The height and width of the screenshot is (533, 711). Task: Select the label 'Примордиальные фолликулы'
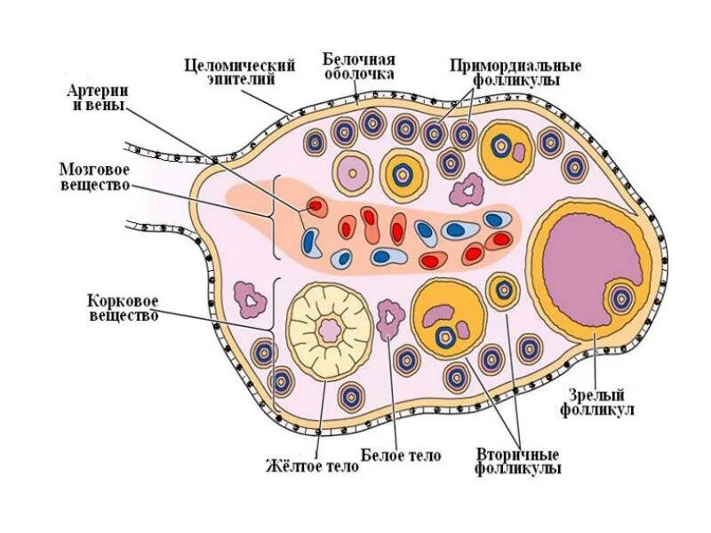click(x=515, y=72)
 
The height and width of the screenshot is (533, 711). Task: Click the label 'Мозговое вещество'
click(x=95, y=176)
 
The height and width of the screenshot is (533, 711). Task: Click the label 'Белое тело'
click(x=402, y=456)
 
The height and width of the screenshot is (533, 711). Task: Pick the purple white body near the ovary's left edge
click(x=251, y=299)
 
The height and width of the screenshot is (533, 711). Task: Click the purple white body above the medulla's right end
click(x=465, y=188)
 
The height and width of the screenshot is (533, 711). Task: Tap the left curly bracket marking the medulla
click(x=277, y=218)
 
